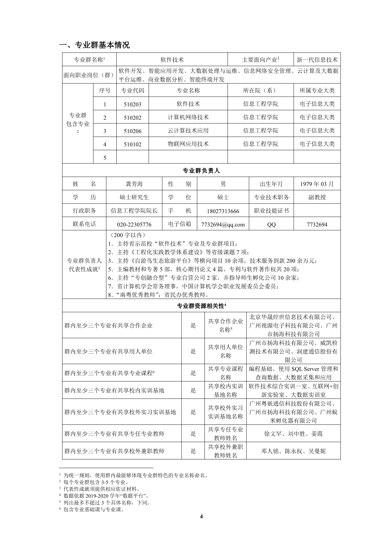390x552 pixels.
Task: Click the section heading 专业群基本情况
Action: [x=94, y=45]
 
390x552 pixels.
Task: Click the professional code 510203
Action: [x=132, y=105]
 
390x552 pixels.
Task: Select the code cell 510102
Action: [x=132, y=145]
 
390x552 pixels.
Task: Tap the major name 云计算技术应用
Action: [x=188, y=131]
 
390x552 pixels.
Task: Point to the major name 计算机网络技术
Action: [x=188, y=117]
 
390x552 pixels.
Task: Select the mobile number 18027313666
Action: [x=223, y=211]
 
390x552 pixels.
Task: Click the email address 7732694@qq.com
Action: [x=223, y=225]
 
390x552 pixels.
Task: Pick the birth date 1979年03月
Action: [x=317, y=184]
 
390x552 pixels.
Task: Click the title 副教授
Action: [x=317, y=197]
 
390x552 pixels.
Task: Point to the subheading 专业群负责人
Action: [x=201, y=171]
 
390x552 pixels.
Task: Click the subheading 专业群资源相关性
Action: [x=201, y=306]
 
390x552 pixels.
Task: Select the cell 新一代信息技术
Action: [x=317, y=60]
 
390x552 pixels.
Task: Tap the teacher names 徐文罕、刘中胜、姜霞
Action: [x=293, y=434]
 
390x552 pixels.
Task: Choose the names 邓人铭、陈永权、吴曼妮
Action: [x=293, y=451]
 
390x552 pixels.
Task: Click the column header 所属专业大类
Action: [x=317, y=91]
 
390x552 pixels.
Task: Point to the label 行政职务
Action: [x=84, y=211]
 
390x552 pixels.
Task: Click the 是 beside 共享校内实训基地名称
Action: [x=193, y=390]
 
